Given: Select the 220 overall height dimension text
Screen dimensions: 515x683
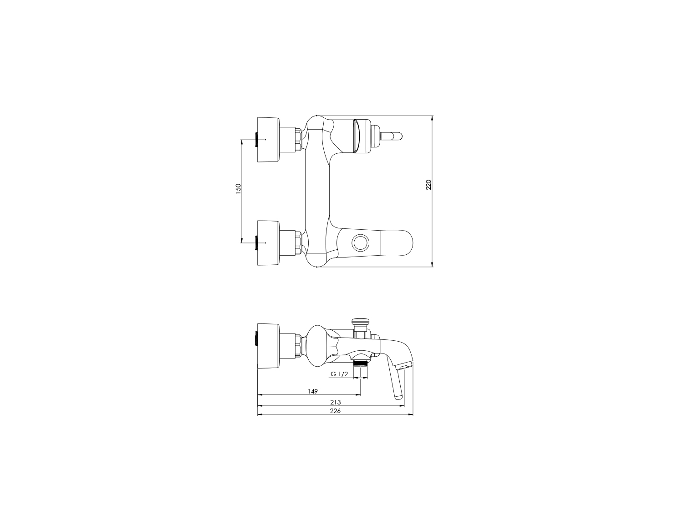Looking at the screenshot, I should click(x=428, y=185).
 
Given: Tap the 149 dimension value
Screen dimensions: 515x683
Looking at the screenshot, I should click(x=312, y=391).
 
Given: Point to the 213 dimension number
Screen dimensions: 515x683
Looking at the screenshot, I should click(x=336, y=402).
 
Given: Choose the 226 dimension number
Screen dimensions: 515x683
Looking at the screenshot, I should click(x=336, y=410).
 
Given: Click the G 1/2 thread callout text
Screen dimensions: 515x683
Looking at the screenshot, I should click(x=339, y=374).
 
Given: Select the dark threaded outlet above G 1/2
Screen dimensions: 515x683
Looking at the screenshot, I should click(x=361, y=363).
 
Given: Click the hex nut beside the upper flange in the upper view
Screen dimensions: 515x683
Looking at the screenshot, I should click(x=298, y=139).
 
